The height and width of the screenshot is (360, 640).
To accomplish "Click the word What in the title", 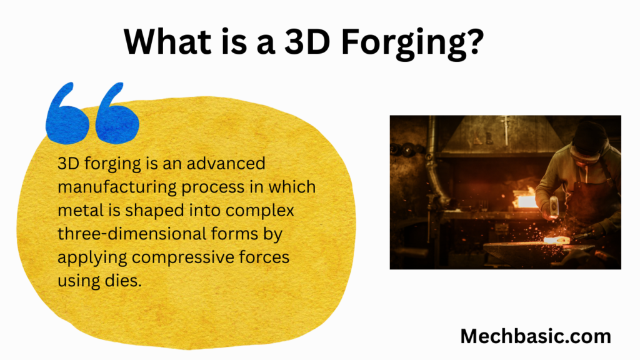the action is tap(167, 41).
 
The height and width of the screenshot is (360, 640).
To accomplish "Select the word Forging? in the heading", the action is tap(412, 44).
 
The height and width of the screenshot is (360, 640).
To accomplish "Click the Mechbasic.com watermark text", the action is tap(536, 336).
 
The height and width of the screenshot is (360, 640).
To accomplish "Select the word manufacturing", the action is tap(117, 187).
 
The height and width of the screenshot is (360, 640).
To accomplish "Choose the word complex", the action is tap(260, 211).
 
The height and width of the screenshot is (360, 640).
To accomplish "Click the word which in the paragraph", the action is tap(292, 187).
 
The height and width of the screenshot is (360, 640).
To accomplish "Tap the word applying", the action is tap(92, 258).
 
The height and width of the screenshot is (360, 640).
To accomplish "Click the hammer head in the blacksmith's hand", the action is tap(554, 206).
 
